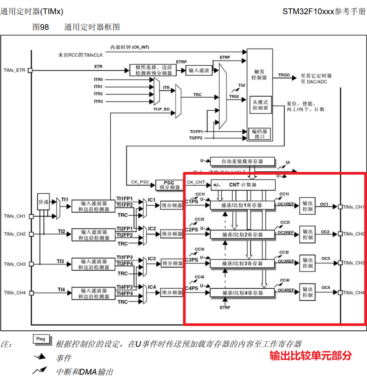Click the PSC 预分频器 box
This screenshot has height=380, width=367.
point(169,185)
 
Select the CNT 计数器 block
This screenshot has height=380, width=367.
point(243,185)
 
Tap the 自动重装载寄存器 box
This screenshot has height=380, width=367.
point(243,161)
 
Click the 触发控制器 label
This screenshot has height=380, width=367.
point(259,74)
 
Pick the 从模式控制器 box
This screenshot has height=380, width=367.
point(260,105)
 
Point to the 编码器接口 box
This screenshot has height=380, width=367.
point(260,134)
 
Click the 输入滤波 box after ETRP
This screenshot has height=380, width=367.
point(199,70)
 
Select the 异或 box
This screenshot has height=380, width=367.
point(43,202)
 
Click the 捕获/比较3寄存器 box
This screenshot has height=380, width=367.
point(242,263)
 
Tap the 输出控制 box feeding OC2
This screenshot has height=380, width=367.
point(307,234)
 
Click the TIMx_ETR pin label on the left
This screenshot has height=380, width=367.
point(14,70)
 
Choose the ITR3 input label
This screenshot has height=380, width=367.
point(98,101)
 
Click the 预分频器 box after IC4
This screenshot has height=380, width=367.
point(172,292)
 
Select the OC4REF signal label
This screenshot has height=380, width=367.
point(286,290)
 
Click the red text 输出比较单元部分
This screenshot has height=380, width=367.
point(310,356)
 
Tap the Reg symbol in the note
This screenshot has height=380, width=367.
point(40,339)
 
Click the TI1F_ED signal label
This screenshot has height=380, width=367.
point(161,109)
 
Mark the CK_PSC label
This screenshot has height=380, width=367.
point(140,182)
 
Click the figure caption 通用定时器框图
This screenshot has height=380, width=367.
point(92,27)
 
